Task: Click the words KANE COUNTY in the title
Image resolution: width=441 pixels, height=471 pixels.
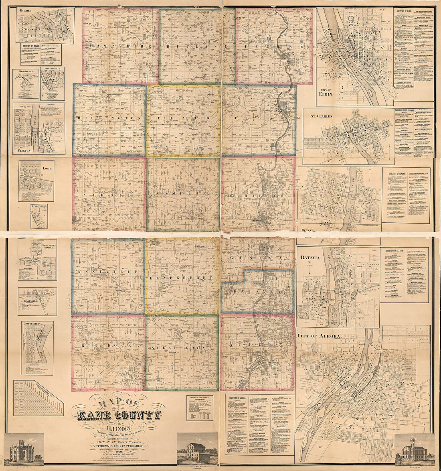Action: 117,415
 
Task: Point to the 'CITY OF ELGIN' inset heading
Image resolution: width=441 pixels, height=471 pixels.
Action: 332,94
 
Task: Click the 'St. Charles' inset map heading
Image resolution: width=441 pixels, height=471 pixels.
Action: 322,116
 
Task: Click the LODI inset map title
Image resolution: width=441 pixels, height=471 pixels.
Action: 47,169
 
